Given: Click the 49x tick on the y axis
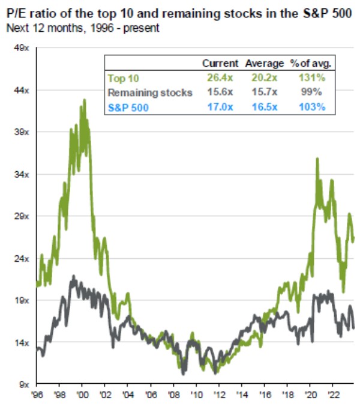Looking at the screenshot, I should (x=22, y=48).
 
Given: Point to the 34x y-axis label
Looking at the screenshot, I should (x=22, y=174).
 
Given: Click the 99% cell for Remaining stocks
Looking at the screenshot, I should (x=313, y=92).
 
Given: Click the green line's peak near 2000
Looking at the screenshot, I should (x=83, y=100).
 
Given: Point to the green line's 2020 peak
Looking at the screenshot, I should (x=317, y=159).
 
